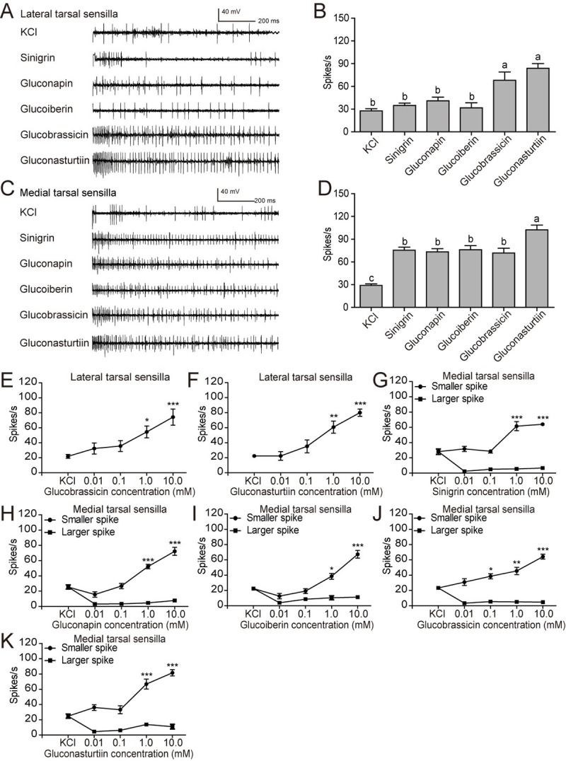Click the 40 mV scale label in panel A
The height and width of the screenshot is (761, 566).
point(230,12)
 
